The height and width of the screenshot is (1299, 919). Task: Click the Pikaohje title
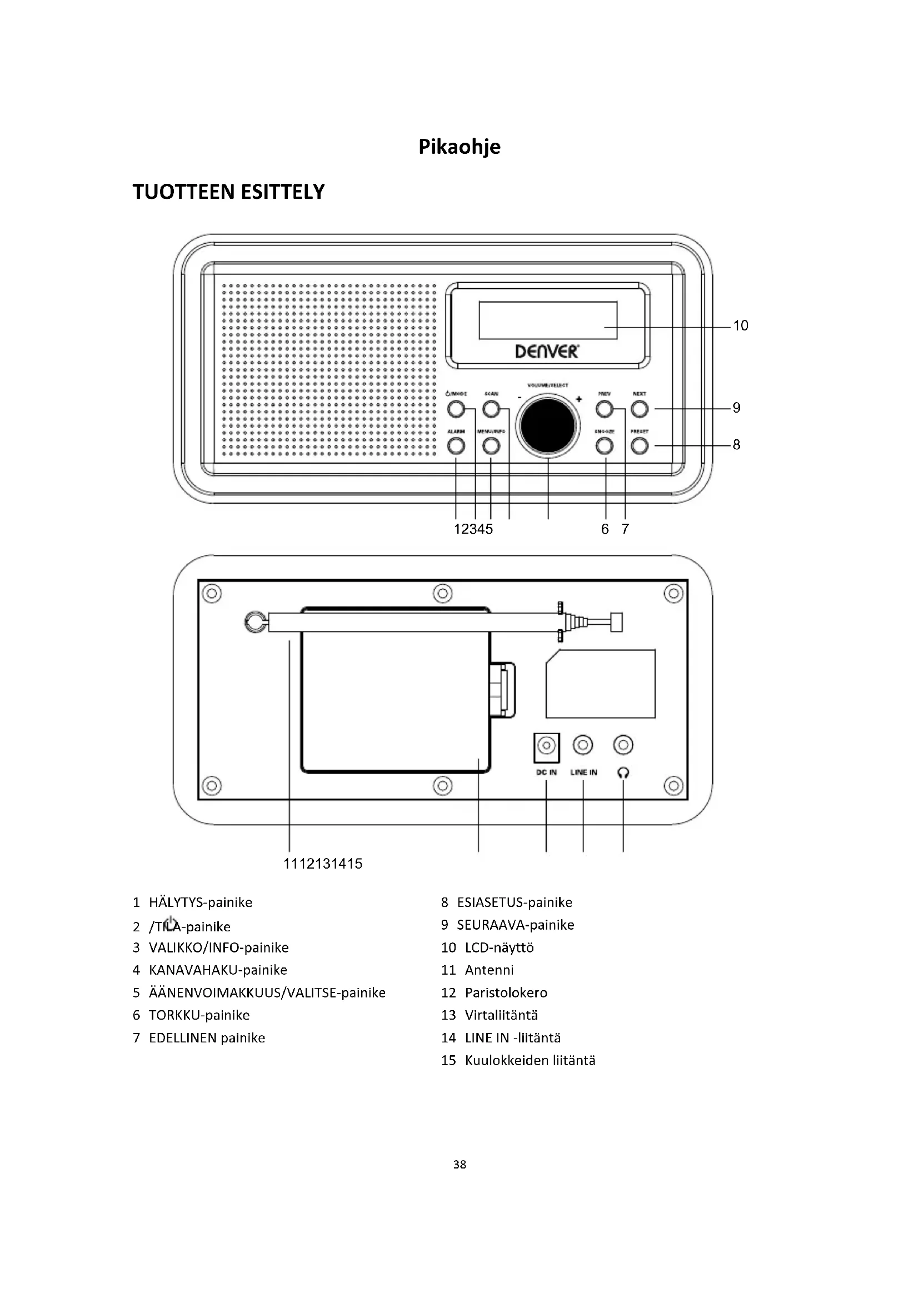tap(459, 147)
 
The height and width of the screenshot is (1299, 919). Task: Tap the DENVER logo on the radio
tap(547, 352)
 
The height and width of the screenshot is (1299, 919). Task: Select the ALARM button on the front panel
tap(456, 446)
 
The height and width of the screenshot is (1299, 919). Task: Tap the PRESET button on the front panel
tap(640, 446)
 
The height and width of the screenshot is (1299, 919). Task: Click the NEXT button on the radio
tap(640, 408)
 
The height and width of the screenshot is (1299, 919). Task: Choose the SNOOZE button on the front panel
tap(605, 446)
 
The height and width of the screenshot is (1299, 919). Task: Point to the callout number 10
tap(740, 326)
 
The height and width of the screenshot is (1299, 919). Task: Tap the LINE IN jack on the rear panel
tap(583, 745)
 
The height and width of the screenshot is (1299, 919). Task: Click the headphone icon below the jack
tap(623, 773)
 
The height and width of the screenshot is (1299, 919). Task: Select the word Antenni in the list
tap(489, 970)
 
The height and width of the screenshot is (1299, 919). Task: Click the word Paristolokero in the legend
tap(506, 993)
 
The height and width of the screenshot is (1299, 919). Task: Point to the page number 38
tap(459, 1165)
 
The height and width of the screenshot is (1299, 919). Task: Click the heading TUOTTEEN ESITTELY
tap(228, 192)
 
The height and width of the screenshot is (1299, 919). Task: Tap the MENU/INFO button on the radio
tap(491, 446)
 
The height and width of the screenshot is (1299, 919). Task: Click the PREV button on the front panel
tap(605, 408)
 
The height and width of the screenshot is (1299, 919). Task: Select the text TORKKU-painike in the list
tap(199, 1016)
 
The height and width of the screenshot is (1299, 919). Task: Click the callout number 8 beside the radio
tap(736, 445)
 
